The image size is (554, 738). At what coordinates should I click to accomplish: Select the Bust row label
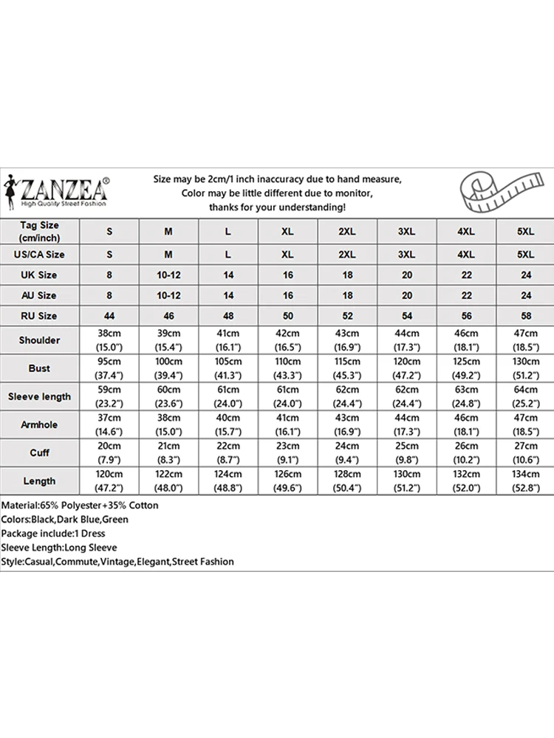(39, 368)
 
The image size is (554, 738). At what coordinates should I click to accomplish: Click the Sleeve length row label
(39, 396)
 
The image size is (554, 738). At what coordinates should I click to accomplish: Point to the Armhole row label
(39, 424)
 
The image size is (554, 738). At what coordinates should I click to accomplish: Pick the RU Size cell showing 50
(287, 316)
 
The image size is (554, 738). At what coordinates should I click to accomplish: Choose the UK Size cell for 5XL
(525, 275)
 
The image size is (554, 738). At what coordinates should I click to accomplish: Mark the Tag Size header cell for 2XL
(346, 231)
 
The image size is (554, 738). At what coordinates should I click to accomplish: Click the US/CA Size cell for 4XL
(466, 254)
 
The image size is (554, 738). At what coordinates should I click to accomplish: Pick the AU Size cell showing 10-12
(168, 295)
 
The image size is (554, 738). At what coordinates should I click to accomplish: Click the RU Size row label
(39, 316)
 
